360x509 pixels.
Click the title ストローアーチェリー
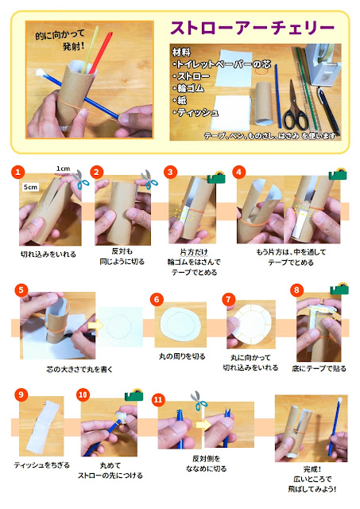[x=253, y=28]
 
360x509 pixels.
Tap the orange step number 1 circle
[x=17, y=172]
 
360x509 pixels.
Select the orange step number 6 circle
[x=157, y=299]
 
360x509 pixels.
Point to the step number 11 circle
[x=158, y=399]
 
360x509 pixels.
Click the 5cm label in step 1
[x=30, y=187]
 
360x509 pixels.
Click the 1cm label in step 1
[x=63, y=169]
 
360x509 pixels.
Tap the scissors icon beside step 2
[x=149, y=179]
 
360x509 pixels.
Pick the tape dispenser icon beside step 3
[x=216, y=177]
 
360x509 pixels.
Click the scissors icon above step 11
[x=199, y=400]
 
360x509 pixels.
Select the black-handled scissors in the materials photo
[x=295, y=107]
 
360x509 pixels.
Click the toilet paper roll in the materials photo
[x=263, y=103]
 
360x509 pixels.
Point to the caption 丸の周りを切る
[x=182, y=356]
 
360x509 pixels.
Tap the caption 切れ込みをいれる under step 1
[x=48, y=254]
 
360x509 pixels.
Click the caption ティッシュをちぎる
[x=42, y=465]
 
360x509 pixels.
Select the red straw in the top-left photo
[x=101, y=52]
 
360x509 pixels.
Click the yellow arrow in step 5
[x=95, y=325]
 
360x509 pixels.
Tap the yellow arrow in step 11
[x=203, y=424]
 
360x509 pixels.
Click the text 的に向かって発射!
[x=60, y=40]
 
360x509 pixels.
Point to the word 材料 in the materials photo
[x=181, y=52]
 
